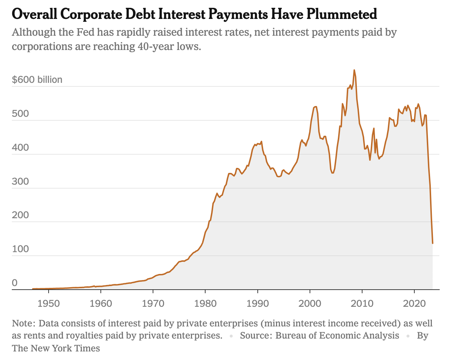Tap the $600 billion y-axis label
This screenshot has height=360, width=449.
tap(37, 79)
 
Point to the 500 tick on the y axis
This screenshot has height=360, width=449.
tap(20, 113)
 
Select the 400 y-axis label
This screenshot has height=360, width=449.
tap(20, 147)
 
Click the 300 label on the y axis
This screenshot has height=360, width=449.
tap(20, 181)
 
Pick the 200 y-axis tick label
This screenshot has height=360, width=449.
tap(20, 215)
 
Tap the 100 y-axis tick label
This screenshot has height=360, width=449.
tap(20, 249)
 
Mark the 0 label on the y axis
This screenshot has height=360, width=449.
tap(15, 283)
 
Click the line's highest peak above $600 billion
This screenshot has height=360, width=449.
tap(354, 70)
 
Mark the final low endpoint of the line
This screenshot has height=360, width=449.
tap(433, 243)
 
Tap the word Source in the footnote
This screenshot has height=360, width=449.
tap(255, 335)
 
